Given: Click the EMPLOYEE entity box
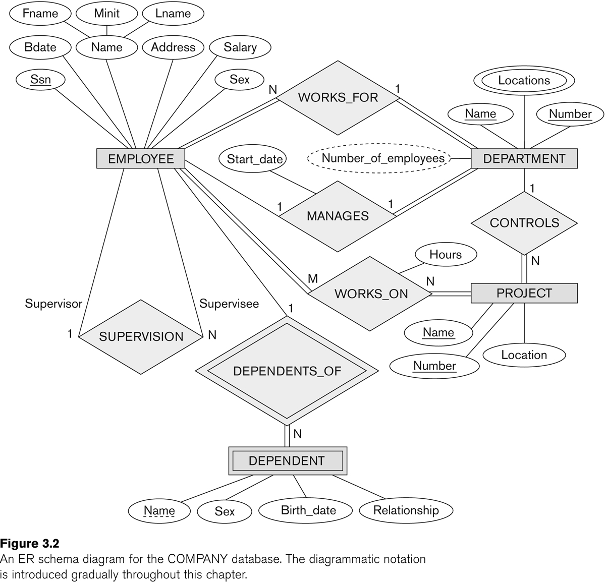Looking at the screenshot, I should [x=141, y=159].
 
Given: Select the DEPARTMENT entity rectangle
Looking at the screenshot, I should [x=524, y=159].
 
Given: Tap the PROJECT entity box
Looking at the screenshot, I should [x=524, y=293].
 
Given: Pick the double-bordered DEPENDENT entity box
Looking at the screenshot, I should [x=287, y=461].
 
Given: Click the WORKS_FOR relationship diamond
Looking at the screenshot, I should [x=338, y=97].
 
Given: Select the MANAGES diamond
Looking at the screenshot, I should [x=338, y=216].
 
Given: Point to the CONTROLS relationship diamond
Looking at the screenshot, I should [x=524, y=223].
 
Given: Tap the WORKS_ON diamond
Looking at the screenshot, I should [x=371, y=294].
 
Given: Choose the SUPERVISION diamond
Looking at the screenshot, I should [x=141, y=337].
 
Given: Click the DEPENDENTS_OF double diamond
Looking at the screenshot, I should [x=287, y=371].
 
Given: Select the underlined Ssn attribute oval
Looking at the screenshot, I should [x=40, y=80].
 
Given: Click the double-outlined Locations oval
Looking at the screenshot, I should [x=524, y=81].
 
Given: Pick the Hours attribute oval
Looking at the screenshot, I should [x=445, y=255].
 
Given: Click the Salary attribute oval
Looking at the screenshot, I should [x=240, y=47].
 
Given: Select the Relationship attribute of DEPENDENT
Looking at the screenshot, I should [x=406, y=510].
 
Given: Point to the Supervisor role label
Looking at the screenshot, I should [x=53, y=304].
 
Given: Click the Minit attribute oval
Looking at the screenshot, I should [x=106, y=14].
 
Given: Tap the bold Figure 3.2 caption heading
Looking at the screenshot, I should [x=30, y=544].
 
